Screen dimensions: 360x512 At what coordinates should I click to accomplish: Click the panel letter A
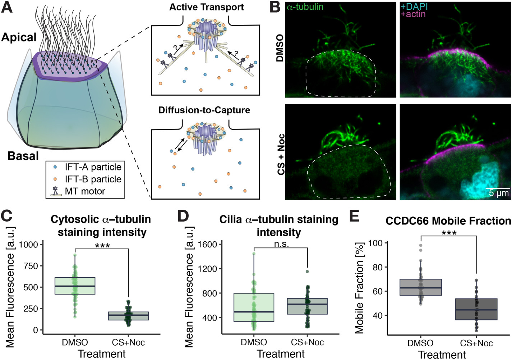[x=7, y=7]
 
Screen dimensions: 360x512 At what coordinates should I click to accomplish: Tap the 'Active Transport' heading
[x=206, y=7]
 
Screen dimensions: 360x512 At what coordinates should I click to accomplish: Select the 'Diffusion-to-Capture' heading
[x=204, y=110]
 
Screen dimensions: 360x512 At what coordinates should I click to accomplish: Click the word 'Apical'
[x=19, y=37]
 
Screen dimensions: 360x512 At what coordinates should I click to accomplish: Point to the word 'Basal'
[x=23, y=156]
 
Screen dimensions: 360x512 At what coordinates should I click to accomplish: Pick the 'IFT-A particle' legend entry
[x=93, y=167]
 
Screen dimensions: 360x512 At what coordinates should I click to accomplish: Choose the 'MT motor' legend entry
[x=85, y=191]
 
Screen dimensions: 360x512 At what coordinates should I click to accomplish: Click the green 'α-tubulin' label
[x=305, y=7]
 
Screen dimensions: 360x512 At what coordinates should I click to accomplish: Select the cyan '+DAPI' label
[x=414, y=6]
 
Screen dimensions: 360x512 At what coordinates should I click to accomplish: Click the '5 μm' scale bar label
[x=499, y=193]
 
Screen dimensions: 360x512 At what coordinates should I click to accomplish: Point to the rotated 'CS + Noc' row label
[x=281, y=154]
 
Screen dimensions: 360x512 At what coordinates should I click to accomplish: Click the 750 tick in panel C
[x=30, y=266]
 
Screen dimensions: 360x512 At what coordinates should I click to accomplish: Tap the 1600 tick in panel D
[x=208, y=245]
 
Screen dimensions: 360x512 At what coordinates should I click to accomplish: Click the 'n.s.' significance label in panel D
[x=281, y=244]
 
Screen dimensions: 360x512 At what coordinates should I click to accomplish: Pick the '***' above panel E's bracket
[x=449, y=233]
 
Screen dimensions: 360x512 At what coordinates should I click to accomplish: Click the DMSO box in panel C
[x=75, y=286]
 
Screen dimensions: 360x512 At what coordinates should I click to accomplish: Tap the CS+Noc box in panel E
[x=476, y=309]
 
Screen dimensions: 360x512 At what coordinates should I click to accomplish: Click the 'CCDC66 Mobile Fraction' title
[x=448, y=221]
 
